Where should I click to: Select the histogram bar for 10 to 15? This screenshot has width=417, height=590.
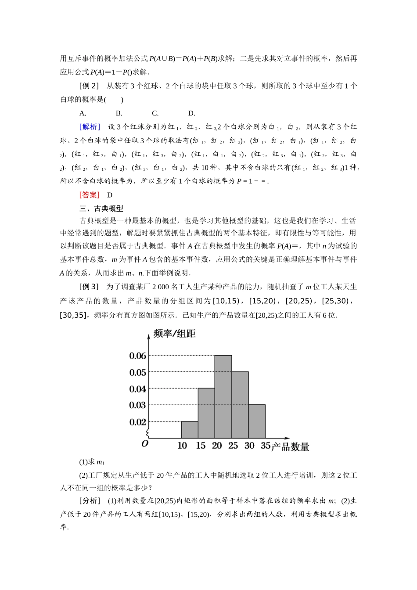(x=190, y=430)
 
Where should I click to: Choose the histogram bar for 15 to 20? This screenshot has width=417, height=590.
(x=206, y=413)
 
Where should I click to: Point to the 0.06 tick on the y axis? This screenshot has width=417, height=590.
(x=137, y=356)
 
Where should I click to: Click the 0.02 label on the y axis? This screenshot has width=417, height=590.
(x=137, y=422)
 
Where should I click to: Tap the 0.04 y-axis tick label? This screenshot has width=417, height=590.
(x=137, y=389)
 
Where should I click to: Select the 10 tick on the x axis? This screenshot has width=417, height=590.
(x=182, y=446)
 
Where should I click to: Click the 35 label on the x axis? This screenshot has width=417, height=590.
(x=266, y=446)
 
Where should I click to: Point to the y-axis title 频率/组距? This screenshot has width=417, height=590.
(x=174, y=334)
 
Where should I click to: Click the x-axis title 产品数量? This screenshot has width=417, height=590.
(x=290, y=447)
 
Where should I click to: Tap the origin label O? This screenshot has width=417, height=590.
(x=145, y=444)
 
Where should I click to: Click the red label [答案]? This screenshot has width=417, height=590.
(x=90, y=195)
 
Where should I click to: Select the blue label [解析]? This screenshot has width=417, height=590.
(x=90, y=127)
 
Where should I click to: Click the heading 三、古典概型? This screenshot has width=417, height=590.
(x=101, y=209)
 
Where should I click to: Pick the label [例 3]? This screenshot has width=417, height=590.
(x=89, y=287)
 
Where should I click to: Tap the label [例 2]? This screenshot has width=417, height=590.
(x=89, y=86)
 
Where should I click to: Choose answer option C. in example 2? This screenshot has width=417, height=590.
(x=155, y=113)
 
